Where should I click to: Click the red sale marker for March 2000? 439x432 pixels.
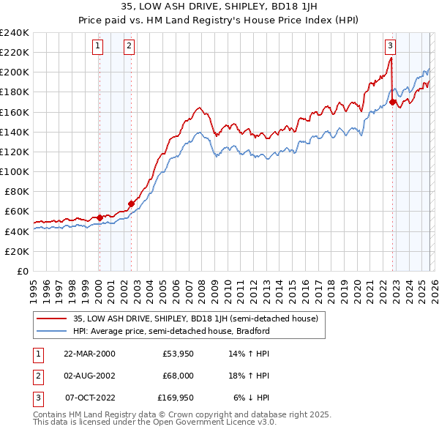100,217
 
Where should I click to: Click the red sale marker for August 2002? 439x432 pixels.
131,204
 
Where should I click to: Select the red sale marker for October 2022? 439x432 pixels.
393,102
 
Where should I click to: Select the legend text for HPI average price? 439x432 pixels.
171,331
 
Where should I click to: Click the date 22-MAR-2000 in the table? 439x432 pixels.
89,353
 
